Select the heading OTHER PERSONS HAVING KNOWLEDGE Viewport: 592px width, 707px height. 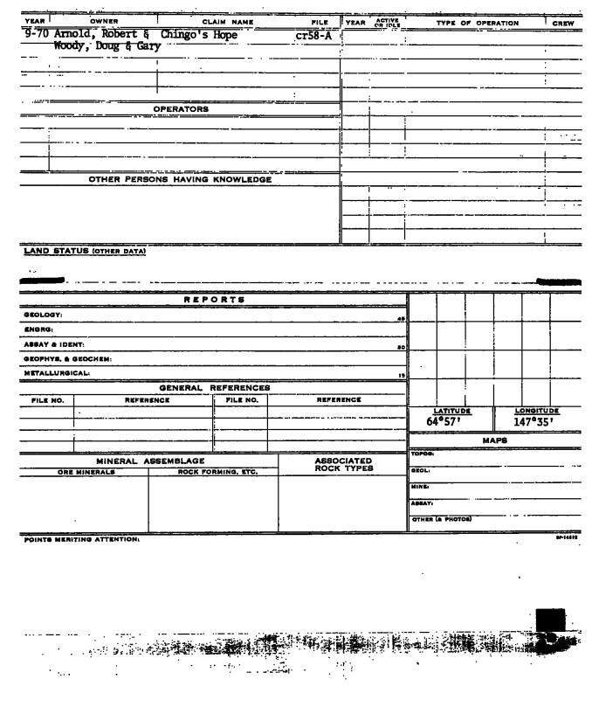180,181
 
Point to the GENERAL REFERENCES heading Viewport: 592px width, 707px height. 214,386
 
